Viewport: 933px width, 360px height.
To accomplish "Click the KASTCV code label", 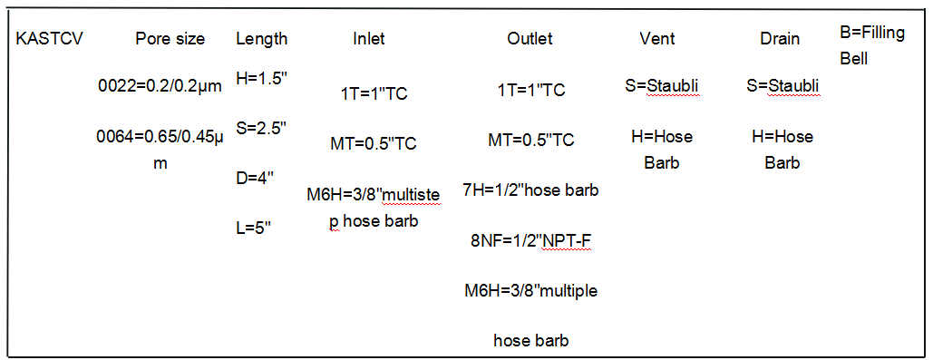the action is pos(49,39).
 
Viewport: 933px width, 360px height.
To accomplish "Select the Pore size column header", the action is pos(170,39).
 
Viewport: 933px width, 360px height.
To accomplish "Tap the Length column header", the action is pos(262,39).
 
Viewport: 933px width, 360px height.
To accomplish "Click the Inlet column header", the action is pos(369,39).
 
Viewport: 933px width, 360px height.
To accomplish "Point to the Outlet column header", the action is pos(530,39).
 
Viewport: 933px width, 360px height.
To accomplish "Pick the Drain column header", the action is pos(780,39).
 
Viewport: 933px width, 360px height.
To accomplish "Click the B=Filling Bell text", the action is pos(872,45).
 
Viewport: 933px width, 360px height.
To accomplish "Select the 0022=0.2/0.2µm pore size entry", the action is pos(160,86).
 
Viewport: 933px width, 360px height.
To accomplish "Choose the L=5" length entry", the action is pos(255,227).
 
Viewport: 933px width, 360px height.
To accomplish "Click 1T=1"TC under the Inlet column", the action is pos(374,93).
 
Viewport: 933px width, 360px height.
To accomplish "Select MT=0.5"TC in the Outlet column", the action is pos(531,141).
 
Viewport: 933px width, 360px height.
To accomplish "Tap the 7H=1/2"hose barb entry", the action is pos(530,190).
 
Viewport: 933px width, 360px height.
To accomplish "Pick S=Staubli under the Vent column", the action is pos(661,87).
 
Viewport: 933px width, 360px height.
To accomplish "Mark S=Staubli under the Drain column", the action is pos(783,87).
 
